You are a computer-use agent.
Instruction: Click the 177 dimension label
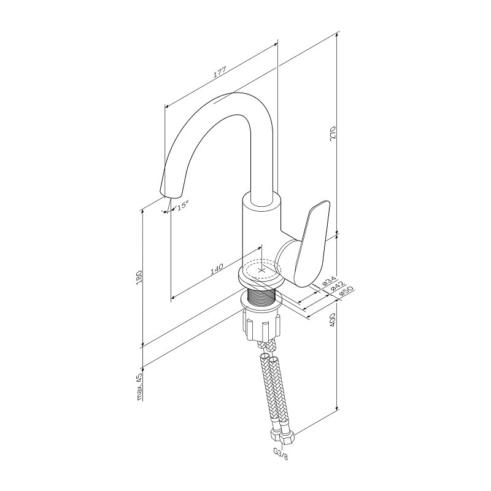tap(220, 72)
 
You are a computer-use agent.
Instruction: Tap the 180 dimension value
tap(139, 277)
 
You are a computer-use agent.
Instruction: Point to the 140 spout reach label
tap(216, 269)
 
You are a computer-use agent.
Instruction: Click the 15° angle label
tap(183, 206)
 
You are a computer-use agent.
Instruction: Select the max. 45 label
tap(140, 387)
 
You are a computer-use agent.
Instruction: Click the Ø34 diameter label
tap(328, 280)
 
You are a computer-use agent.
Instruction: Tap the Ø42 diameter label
tap(337, 285)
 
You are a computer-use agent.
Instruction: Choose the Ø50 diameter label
tap(346, 290)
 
